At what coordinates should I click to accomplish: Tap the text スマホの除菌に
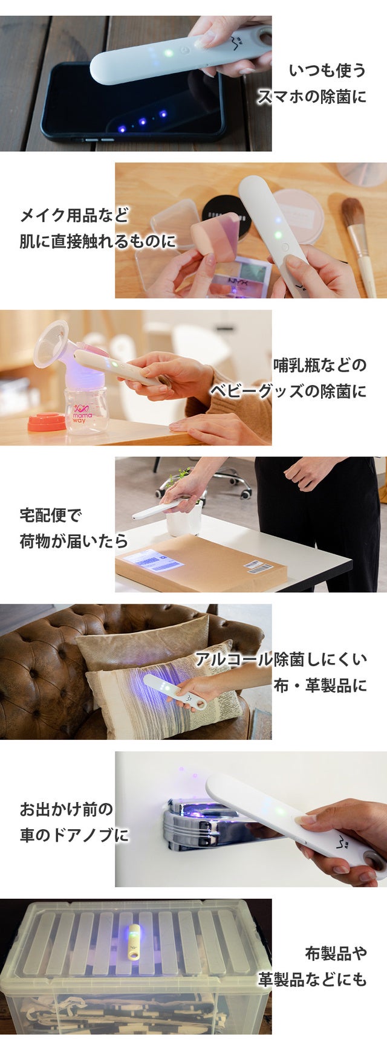click(x=313, y=97)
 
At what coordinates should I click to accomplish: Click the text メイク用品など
click(x=74, y=214)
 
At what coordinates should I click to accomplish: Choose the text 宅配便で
click(x=50, y=516)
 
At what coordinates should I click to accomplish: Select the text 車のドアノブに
click(x=74, y=835)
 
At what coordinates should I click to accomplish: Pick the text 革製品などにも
click(x=313, y=979)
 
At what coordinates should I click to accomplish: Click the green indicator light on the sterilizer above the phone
click(x=170, y=53)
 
